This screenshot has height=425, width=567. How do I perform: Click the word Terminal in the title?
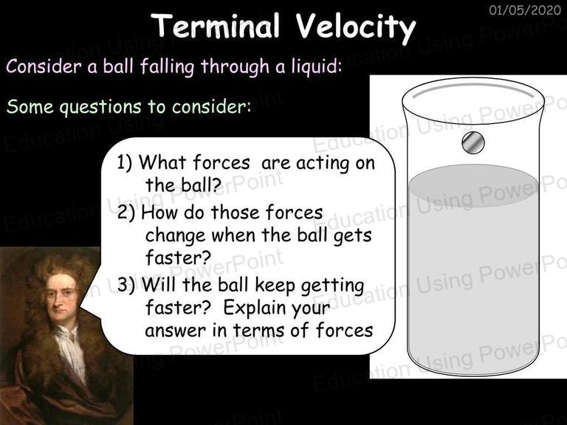tap(216, 26)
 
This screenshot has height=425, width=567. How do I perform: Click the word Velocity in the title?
tap(356, 28)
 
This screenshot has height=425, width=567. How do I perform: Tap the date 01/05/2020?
tap(525, 10)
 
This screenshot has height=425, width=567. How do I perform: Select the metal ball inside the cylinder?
tap(473, 142)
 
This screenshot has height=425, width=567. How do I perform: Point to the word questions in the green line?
tap(100, 107)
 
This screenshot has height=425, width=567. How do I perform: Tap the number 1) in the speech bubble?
tap(125, 162)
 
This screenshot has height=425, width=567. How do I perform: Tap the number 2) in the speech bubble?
tap(126, 212)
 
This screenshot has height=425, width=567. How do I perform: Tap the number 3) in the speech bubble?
tap(126, 285)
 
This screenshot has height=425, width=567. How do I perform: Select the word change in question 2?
tap(175, 236)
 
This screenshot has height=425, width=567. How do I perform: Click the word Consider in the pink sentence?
tap(44, 66)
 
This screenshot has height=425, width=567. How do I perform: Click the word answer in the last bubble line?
tap(175, 331)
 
